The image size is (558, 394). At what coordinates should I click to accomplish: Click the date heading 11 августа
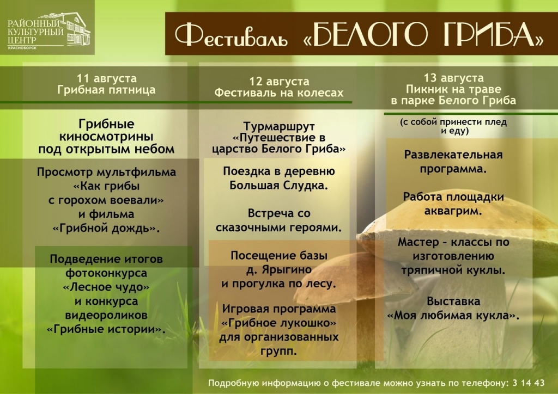tap(106, 78)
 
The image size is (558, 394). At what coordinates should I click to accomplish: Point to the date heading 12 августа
tap(279, 82)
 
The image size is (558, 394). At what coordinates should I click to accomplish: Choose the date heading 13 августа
tap(453, 78)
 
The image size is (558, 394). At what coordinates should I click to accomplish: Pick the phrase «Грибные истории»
tap(106, 329)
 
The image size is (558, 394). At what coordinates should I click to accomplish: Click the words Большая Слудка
tap(279, 186)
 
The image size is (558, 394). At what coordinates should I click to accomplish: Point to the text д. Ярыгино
tap(279, 269)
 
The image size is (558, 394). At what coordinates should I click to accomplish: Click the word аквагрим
tap(453, 211)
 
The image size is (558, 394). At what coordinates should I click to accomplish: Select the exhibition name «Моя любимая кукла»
tap(453, 315)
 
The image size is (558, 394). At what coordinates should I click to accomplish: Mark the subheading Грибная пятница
tap(106, 90)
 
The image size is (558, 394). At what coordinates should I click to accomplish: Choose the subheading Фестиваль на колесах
tap(279, 93)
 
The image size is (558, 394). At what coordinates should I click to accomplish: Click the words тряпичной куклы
tap(453, 269)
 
